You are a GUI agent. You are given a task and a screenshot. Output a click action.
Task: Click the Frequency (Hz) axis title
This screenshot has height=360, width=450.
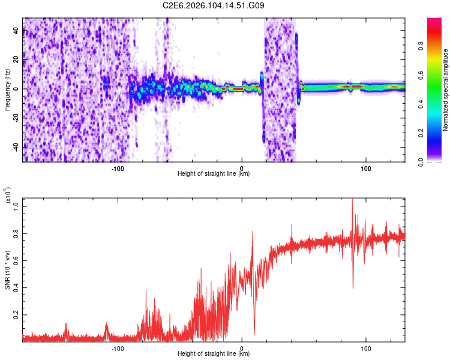tap(7, 90)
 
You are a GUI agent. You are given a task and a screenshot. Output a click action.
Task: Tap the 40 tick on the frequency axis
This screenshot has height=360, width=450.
tap(16, 31)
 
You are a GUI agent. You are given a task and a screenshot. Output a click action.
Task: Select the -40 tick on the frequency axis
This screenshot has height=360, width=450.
tap(14, 147)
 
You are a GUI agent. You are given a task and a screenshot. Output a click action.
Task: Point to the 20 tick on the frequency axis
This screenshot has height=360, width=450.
tap(16, 59)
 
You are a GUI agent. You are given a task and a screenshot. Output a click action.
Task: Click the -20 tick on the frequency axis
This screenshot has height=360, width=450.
tap(14, 118)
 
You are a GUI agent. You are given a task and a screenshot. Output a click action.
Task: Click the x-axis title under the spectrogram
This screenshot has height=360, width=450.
tap(214, 173)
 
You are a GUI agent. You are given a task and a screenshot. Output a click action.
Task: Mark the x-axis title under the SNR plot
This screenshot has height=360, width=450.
tap(214, 353)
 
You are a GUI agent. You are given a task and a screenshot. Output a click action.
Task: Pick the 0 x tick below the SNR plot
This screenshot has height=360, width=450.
tap(242, 347)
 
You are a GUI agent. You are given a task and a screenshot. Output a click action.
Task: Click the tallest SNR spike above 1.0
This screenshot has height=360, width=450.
tap(352, 201)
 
